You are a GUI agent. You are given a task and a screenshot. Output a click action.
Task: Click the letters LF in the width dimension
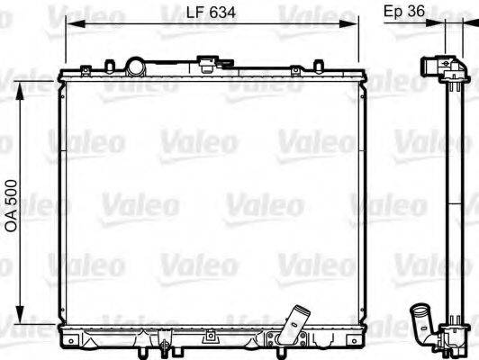(191, 12)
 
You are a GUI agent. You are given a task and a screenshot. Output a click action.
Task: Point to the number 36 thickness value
(414, 12)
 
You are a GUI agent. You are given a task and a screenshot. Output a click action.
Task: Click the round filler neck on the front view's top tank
(136, 67)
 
